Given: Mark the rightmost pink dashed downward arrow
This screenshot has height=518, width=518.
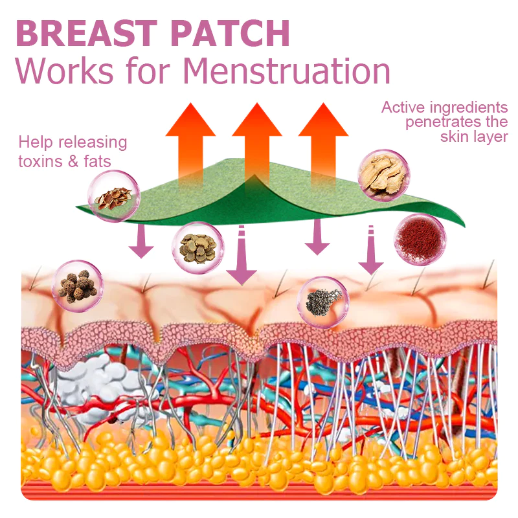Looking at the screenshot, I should point(371,251).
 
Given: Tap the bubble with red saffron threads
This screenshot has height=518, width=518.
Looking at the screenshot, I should point(419,239).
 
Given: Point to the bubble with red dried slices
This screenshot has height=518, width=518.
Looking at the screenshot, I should point(114,196).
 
